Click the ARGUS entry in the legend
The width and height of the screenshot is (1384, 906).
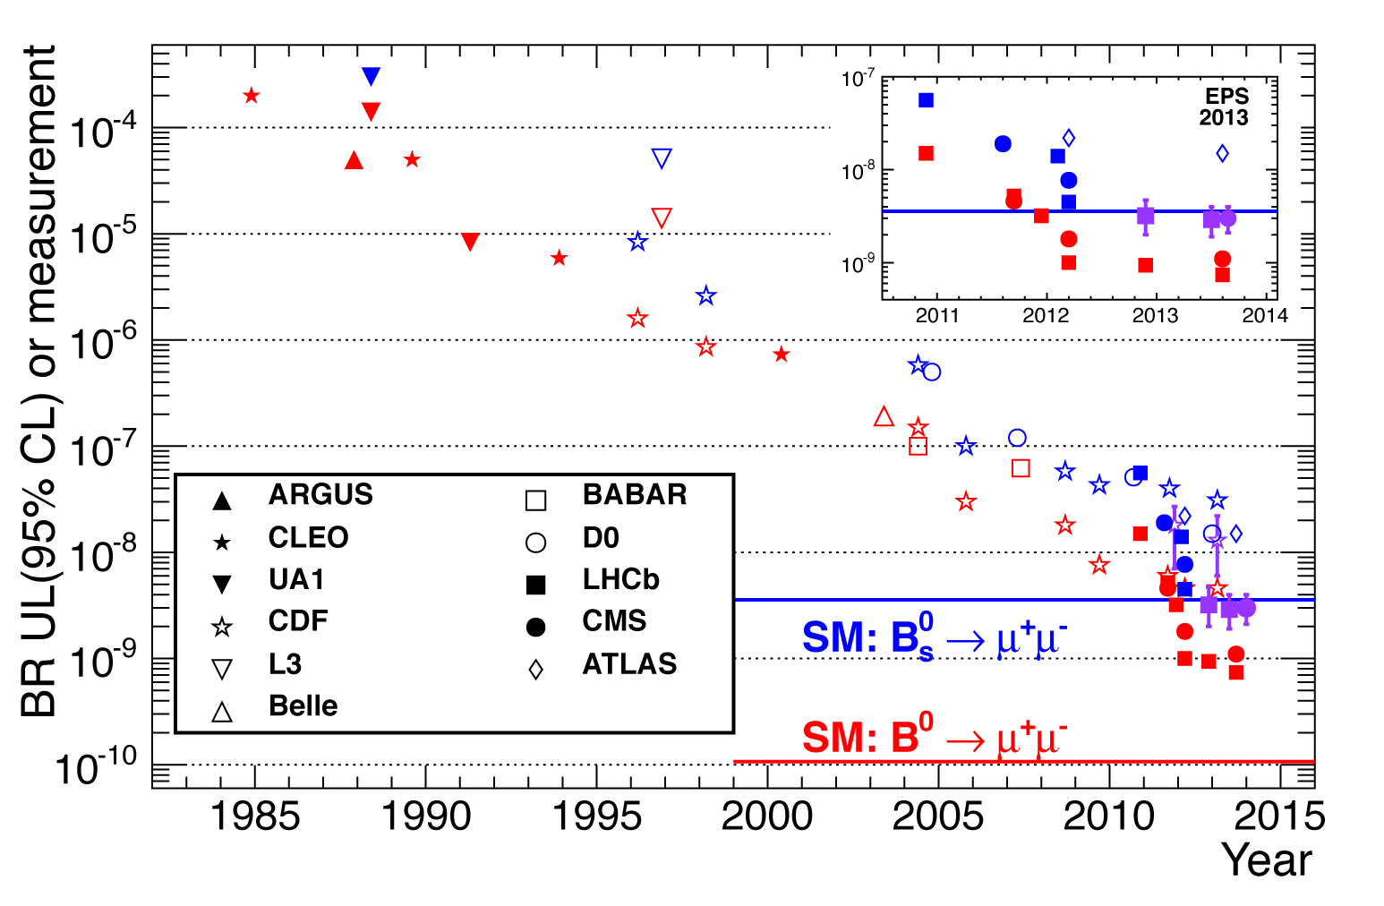point(320,495)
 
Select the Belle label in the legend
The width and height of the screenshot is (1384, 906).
point(303,706)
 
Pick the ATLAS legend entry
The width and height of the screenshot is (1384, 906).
point(629,664)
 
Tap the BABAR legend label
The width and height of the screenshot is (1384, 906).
point(634,495)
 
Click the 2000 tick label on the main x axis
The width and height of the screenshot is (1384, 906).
point(767,816)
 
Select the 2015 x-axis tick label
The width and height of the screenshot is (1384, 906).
point(1279,816)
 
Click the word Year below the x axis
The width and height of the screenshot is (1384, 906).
point(1267,860)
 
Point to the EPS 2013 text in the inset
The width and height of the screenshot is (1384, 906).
point(1225,107)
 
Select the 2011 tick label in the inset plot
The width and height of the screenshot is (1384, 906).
point(937,315)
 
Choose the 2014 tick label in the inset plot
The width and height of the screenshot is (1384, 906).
point(1265,315)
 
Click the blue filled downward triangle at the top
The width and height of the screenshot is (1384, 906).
point(372,76)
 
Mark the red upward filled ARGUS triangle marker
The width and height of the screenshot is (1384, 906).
point(354,160)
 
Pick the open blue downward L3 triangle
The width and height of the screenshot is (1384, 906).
point(662,158)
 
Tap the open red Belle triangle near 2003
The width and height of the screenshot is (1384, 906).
point(884,416)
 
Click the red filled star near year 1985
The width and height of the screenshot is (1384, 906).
point(252,95)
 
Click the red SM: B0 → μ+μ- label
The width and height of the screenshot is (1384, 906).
point(934,738)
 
